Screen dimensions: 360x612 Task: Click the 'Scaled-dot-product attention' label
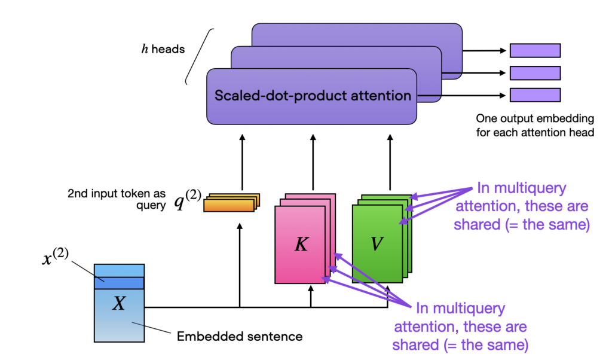[313, 96]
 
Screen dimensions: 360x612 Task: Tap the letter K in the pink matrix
[301, 245]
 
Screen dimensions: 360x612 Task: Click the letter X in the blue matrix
[119, 304]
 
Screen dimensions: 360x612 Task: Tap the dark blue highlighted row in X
[119, 283]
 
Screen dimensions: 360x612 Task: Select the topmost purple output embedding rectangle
[534, 50]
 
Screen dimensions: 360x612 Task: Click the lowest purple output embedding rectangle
[534, 95]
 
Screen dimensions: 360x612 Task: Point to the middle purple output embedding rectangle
[534, 73]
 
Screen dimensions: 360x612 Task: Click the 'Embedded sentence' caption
[240, 337]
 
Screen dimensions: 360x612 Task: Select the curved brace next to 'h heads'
[199, 57]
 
